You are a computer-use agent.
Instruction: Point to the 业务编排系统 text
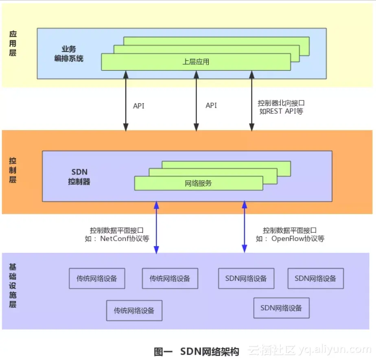(x=69, y=54)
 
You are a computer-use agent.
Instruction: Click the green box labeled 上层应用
(x=196, y=62)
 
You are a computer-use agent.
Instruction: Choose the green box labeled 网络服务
(x=199, y=183)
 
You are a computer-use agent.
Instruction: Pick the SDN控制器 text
(x=79, y=177)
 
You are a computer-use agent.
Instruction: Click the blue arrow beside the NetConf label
(x=156, y=227)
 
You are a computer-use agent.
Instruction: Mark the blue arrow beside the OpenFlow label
(x=245, y=227)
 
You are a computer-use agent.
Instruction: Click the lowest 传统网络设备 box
(x=134, y=310)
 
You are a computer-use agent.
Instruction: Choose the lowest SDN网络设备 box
(x=281, y=308)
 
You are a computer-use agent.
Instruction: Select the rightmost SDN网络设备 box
(x=315, y=279)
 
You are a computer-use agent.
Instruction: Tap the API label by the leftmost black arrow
(x=139, y=106)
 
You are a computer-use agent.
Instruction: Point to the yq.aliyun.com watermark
(x=334, y=349)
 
